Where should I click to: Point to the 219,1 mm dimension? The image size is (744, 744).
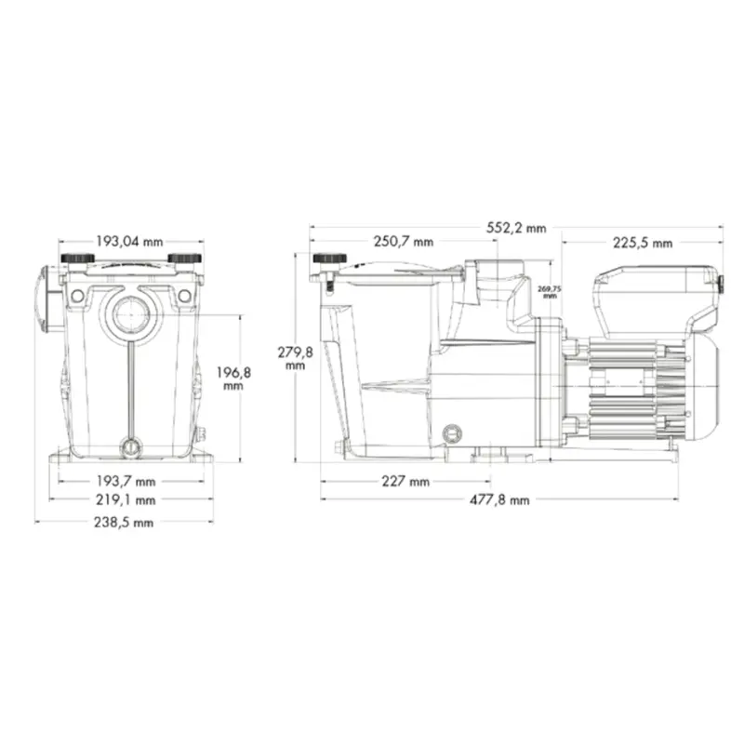131,499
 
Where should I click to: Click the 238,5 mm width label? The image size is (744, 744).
131,522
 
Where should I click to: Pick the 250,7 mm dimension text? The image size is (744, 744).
403,242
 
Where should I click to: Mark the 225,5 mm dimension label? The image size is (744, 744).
642,243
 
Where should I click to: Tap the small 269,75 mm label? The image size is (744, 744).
549,291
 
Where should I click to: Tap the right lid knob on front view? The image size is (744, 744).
184,258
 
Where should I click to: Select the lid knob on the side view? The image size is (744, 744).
330,259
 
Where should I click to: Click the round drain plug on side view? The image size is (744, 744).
453,433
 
